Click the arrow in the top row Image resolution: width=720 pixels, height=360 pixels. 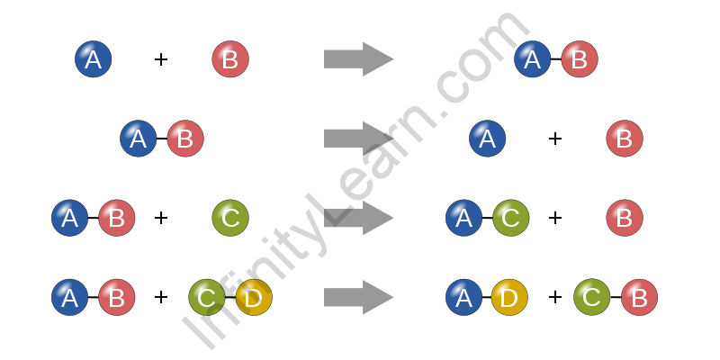(x=358, y=59)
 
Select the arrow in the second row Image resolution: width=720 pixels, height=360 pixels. (x=358, y=139)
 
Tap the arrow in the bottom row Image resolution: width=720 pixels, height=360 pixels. (x=358, y=297)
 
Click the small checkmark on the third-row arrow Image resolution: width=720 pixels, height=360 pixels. (x=337, y=216)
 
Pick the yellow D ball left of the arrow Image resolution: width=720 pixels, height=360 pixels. (x=254, y=297)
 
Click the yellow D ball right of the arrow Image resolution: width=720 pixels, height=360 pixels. (x=509, y=297)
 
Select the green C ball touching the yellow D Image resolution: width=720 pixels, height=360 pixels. (x=207, y=297)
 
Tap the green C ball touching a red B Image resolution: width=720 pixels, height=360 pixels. (x=592, y=297)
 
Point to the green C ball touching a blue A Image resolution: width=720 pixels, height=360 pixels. (x=511, y=218)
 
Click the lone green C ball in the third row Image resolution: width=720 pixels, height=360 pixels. (x=230, y=218)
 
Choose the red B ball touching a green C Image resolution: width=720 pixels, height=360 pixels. (x=639, y=297)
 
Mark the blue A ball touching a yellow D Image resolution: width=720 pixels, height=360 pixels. (x=464, y=297)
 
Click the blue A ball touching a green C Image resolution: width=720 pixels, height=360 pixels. (x=464, y=218)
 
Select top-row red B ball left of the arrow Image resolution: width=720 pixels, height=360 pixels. (x=230, y=59)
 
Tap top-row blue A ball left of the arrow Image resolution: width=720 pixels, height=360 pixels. (x=94, y=59)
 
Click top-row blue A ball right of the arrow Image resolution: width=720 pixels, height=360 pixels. (x=533, y=59)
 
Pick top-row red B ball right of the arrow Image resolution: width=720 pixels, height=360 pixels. (x=580, y=59)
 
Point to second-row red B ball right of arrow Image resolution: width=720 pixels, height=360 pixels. (x=625, y=139)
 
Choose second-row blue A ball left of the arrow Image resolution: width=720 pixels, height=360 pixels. (x=139, y=139)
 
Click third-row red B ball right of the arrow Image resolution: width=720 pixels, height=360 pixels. (x=625, y=218)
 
